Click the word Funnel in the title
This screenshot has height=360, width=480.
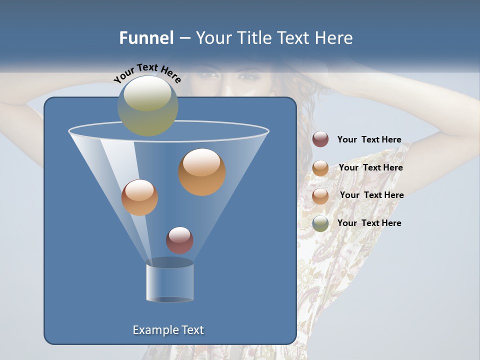pos(146,38)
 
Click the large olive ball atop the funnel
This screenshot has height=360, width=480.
pos(148,105)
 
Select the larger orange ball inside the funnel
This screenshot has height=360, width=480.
pos(202,172)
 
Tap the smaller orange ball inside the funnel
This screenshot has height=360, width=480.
pos(139,197)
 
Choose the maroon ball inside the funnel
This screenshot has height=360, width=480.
pos(179,240)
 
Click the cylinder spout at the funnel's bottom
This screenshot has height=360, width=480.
pos(169,282)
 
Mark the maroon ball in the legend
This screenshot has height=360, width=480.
pos(320,139)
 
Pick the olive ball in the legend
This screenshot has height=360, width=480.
pos(320,223)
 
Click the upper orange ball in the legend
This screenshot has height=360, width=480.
pos(320,168)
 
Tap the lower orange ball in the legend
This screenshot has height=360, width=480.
pos(320,195)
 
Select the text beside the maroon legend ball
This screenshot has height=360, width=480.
pos(369,140)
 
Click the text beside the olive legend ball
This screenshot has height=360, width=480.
pos(369,223)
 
